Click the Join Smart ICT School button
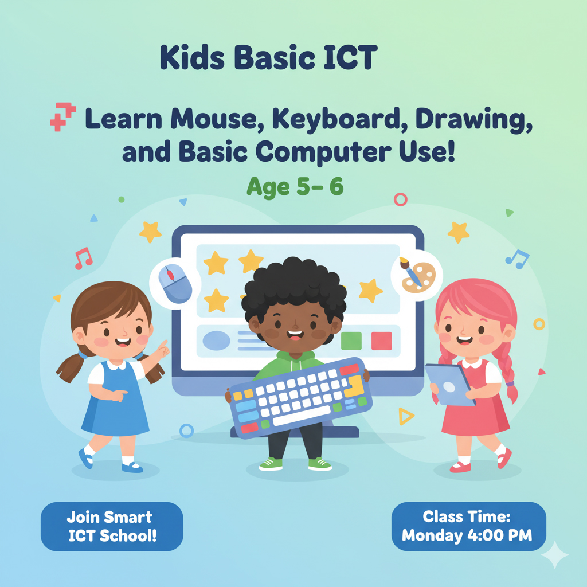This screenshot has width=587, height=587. [x=112, y=527]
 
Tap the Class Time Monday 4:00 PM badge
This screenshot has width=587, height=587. [x=468, y=526]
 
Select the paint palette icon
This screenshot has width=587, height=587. [x=417, y=276]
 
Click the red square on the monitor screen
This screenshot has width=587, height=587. [x=381, y=341]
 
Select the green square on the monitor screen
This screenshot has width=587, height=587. [x=351, y=341]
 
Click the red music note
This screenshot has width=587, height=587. [x=83, y=259]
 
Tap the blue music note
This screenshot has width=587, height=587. [x=518, y=259]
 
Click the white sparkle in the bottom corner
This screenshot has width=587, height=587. [x=554, y=555]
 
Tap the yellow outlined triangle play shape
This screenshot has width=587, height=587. [x=406, y=416]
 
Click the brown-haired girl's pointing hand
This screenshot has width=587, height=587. [x=162, y=347]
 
